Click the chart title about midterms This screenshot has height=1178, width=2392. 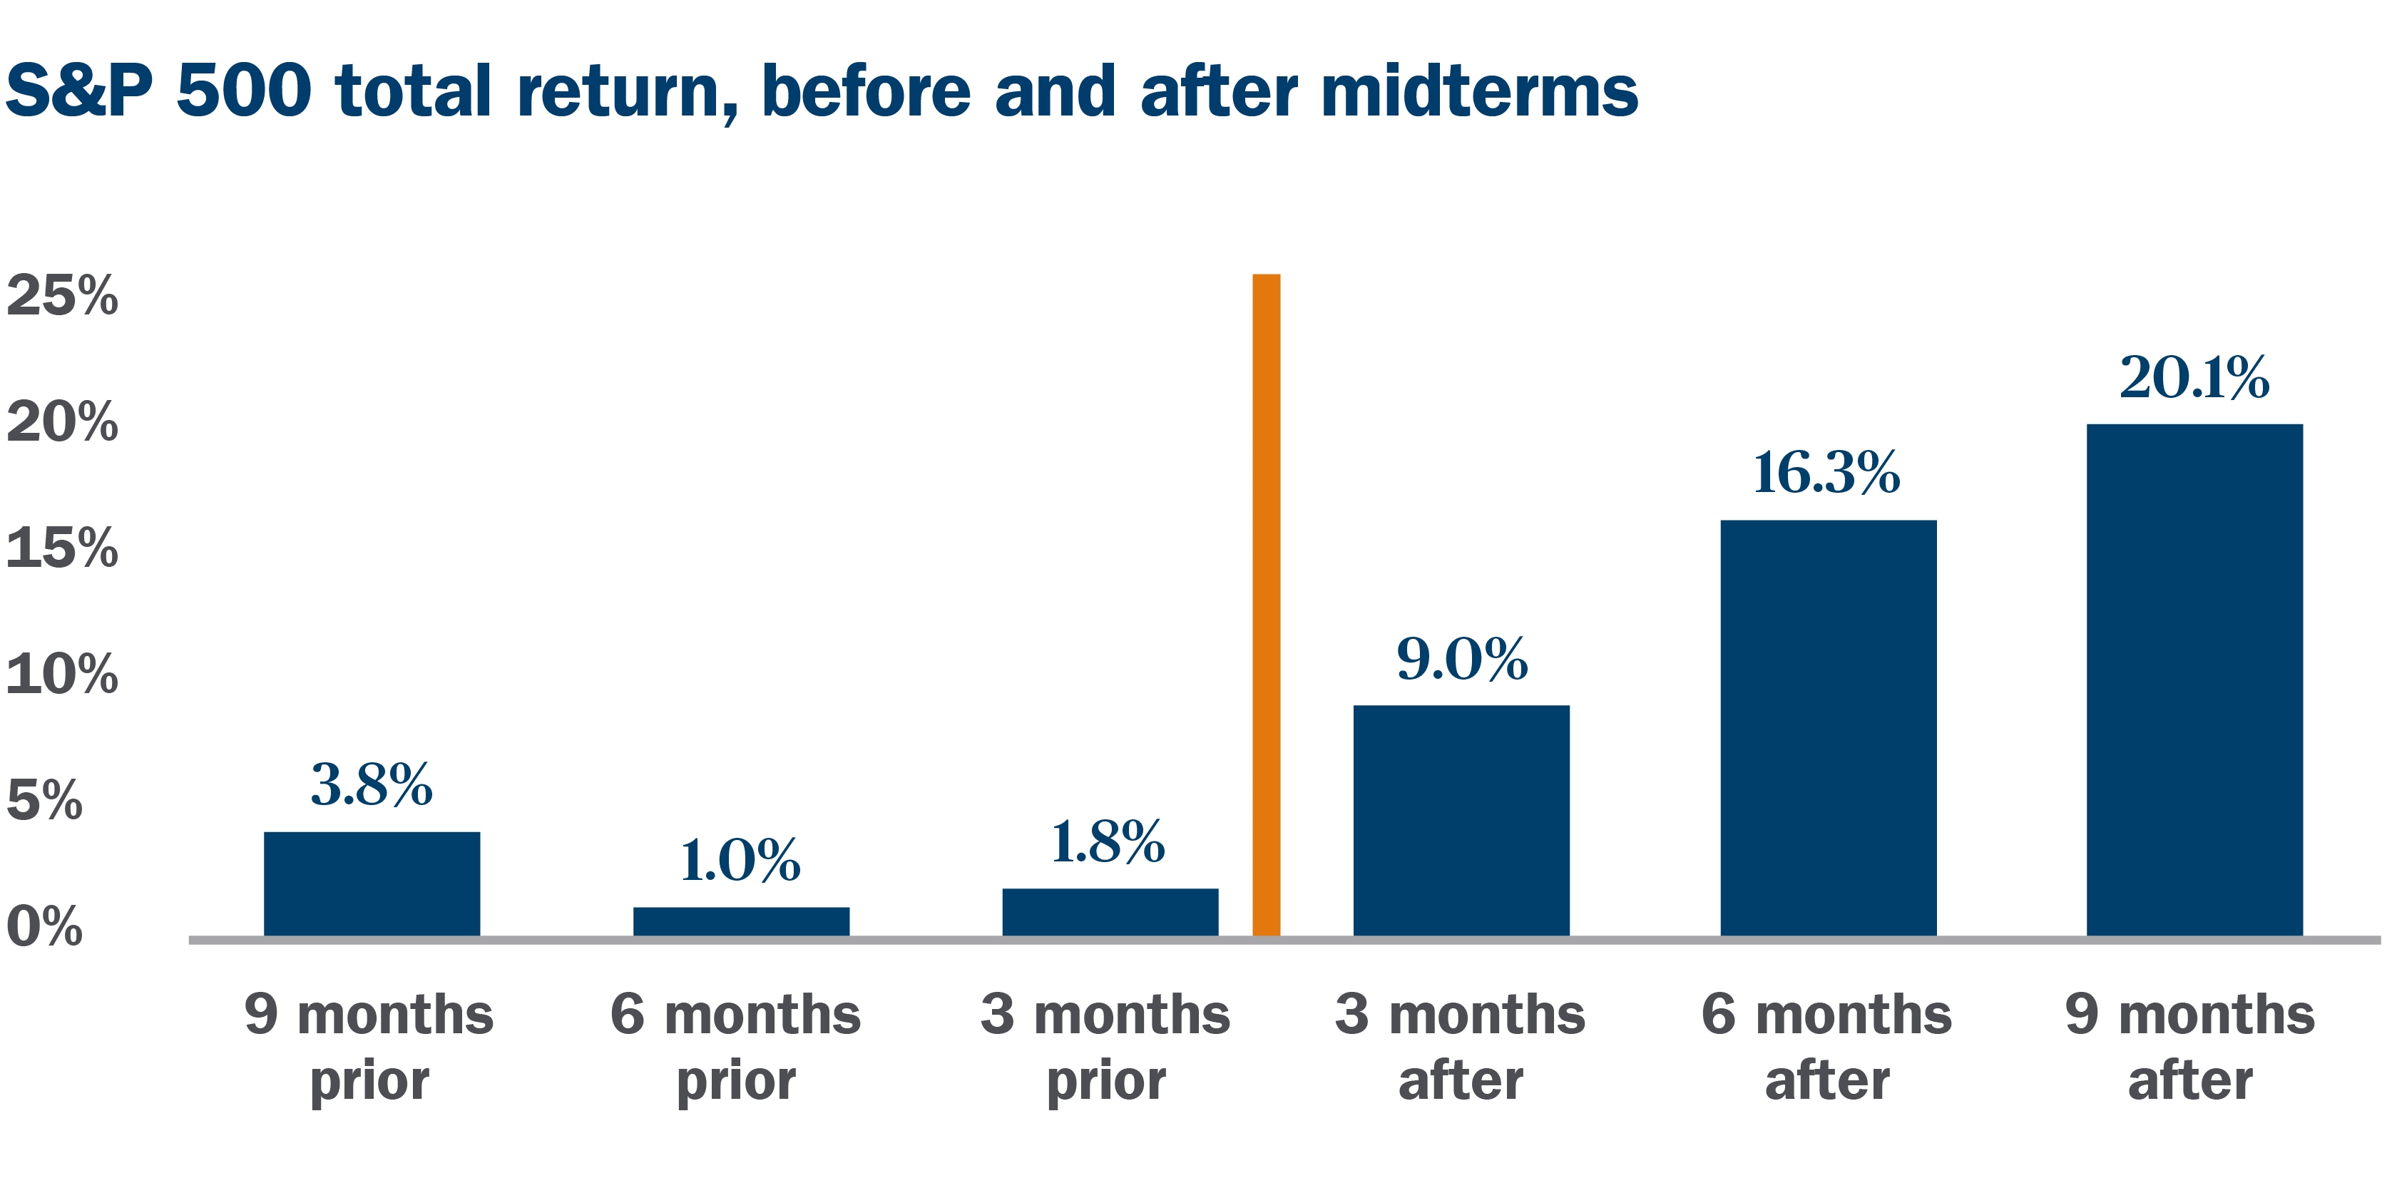(x=822, y=93)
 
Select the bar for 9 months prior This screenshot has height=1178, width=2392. (x=372, y=883)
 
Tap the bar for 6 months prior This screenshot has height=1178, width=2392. (x=741, y=922)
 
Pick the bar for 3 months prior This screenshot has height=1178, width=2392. (x=1110, y=913)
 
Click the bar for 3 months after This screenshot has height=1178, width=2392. (x=1461, y=821)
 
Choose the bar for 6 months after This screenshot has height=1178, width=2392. (x=1829, y=728)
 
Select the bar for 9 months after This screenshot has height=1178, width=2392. (x=2195, y=680)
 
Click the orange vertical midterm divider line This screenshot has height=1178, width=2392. (x=1267, y=605)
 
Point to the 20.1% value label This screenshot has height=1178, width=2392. (x=2194, y=377)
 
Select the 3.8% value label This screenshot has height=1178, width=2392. (x=372, y=784)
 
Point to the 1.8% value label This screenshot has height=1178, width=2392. (x=1108, y=842)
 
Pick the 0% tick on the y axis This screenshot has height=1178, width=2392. (x=44, y=926)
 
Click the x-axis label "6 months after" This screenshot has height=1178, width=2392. (x=1826, y=1046)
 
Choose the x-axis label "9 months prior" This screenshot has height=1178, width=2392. (x=369, y=1046)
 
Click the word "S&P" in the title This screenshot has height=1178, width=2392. (x=79, y=91)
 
